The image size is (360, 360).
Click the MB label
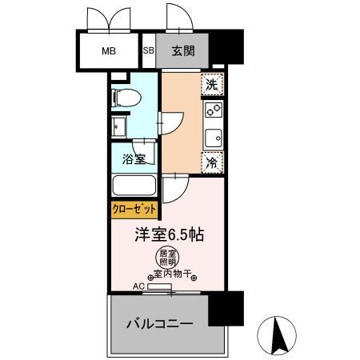pos(108,52)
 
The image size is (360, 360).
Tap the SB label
pos(148,51)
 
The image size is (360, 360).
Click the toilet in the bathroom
pos(126,98)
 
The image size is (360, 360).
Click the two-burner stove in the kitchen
pos(213,110)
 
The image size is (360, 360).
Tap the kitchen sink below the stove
pos(213,137)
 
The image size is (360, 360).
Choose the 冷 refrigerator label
pos(212,162)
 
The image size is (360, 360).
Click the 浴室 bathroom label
pos(134,158)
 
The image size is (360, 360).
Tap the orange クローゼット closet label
pos(134,210)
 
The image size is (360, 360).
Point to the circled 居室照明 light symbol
pos(166,258)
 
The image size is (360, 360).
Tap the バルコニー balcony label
pos(158,325)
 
